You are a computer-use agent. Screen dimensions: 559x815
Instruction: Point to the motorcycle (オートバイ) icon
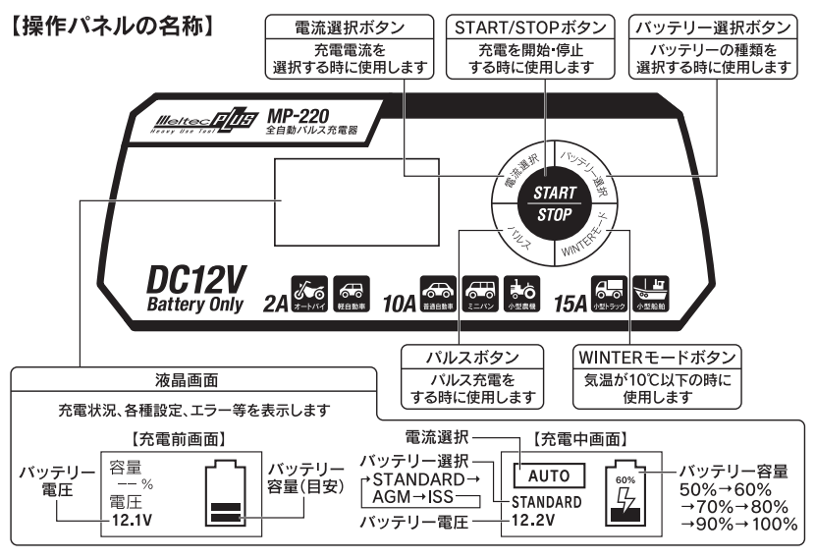pyautogui.click(x=309, y=293)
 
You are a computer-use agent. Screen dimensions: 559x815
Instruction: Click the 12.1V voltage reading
pyautogui.click(x=134, y=521)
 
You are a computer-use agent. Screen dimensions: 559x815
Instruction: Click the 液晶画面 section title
pyautogui.click(x=193, y=378)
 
